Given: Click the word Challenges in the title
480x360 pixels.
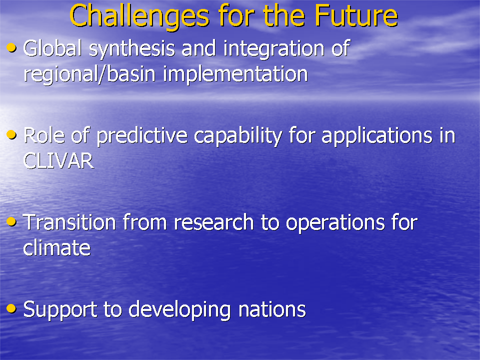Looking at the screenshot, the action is pos(139,16).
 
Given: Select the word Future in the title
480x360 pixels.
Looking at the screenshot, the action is pos(356,15).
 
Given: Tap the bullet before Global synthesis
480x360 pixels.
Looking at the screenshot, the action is pos(11,48).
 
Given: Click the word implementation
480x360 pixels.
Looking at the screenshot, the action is pos(235,74).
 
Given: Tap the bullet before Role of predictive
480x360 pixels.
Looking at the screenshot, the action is pos(11,134).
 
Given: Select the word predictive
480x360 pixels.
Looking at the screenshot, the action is pos(141,136).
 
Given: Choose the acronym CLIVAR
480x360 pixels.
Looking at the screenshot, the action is pos(58,161).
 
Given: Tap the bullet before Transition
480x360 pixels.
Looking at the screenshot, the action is pos(11,221).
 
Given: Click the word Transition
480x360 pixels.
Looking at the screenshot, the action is pos(69,222).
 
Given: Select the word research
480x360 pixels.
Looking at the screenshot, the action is pos(213,222).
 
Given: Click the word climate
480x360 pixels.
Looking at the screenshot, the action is pos(56,247).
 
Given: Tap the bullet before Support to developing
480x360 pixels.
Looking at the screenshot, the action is pos(11,308).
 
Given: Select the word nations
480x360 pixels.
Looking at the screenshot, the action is pos(272,309).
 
